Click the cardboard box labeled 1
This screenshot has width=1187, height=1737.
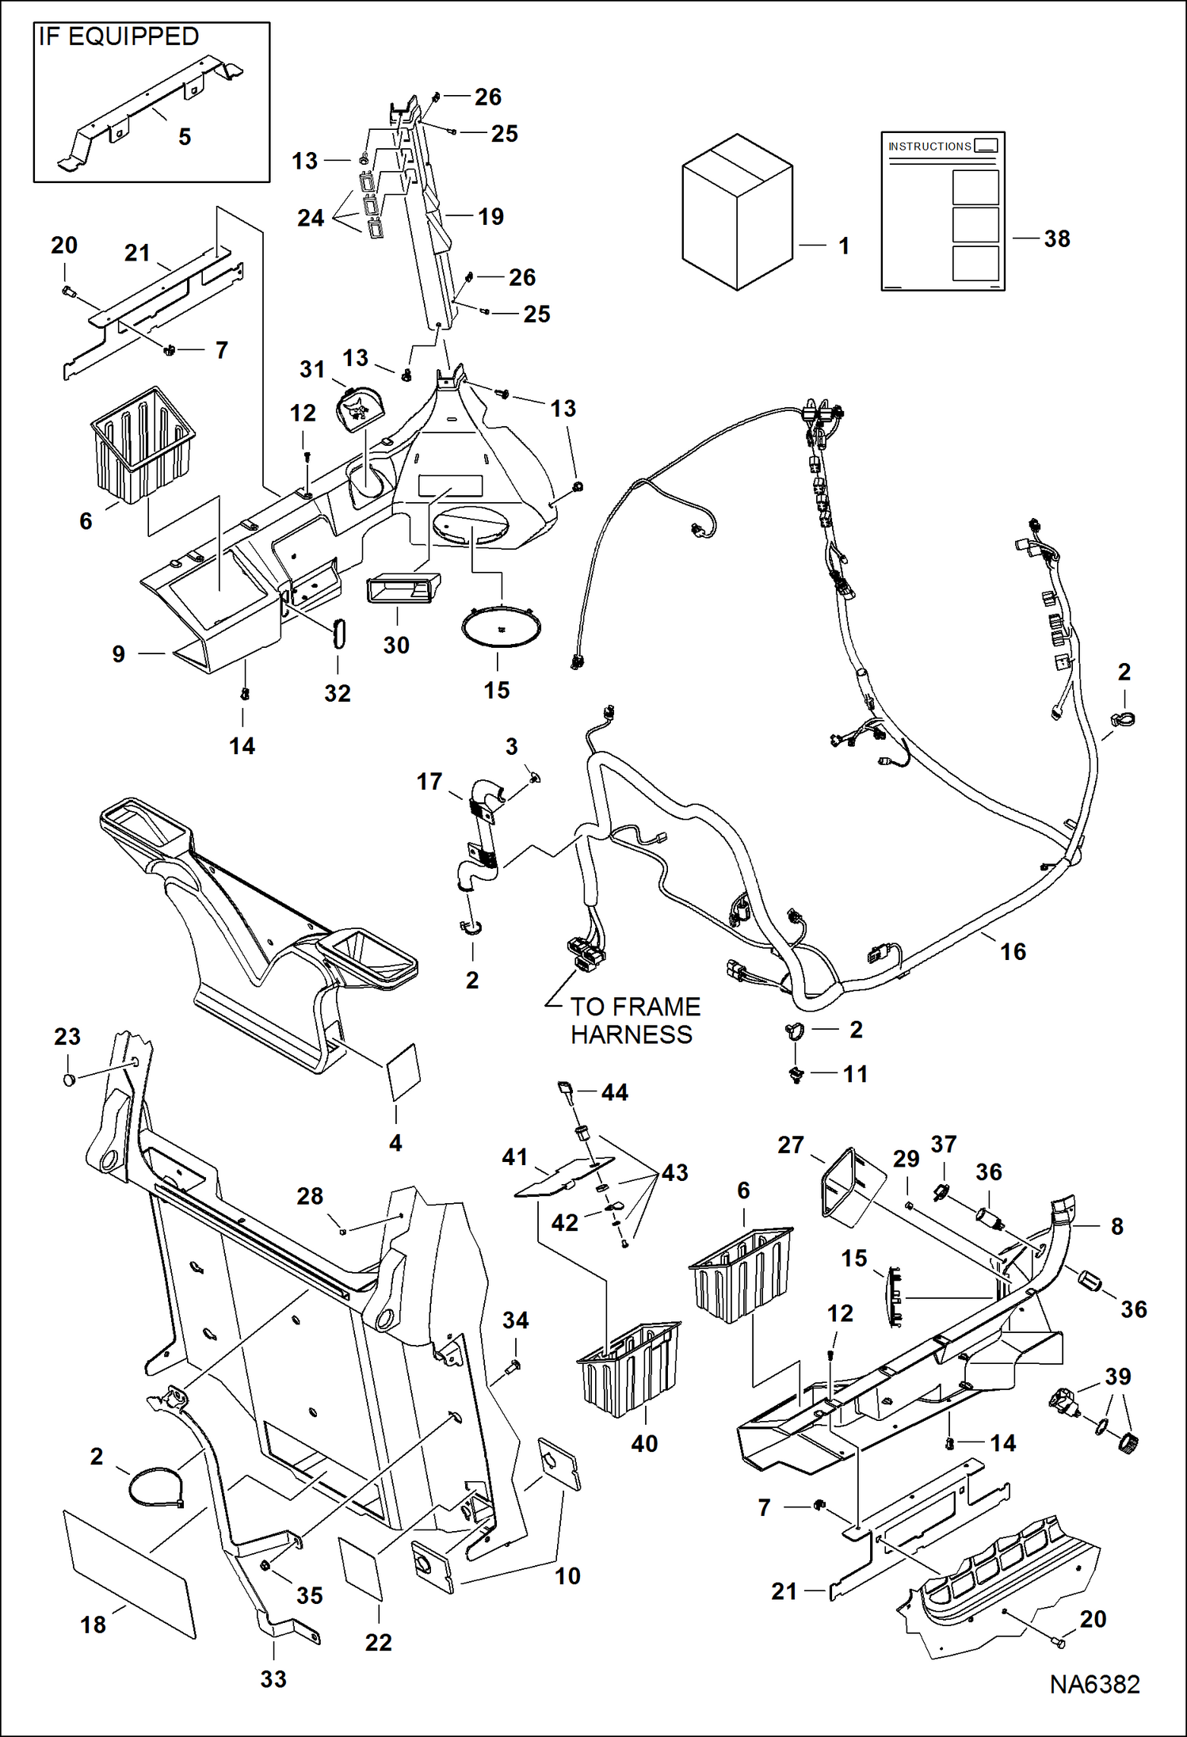[x=737, y=212]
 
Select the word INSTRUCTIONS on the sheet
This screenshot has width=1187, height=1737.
[x=929, y=147]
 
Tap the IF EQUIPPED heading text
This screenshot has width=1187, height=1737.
[x=119, y=37]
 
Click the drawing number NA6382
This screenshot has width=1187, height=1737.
[x=1094, y=1684]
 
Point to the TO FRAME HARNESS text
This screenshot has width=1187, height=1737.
[x=634, y=1020]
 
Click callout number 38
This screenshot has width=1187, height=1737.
[x=1057, y=238]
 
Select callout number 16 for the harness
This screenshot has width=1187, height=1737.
[x=1013, y=951]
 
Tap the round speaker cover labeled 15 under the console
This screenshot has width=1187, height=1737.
[x=501, y=627]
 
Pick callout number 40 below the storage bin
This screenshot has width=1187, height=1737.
[x=644, y=1443]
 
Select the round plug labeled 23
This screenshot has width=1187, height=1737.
[x=69, y=1080]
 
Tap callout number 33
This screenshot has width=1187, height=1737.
[x=273, y=1678]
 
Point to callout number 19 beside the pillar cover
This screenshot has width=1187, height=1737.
[x=490, y=216]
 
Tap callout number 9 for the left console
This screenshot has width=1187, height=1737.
[x=119, y=653]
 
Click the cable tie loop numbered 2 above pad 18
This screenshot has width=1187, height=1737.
[x=156, y=1487]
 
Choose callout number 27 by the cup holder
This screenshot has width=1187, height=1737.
[x=790, y=1145]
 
